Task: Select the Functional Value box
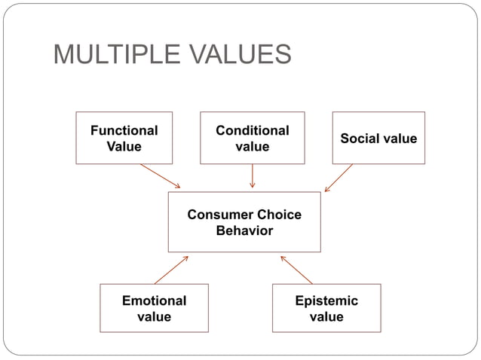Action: pyautogui.click(x=124, y=138)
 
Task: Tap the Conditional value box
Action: pyautogui.click(x=252, y=138)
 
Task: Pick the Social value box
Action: pyautogui.click(x=378, y=138)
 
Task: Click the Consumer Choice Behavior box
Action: pyautogui.click(x=244, y=222)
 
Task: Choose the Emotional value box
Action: pyautogui.click(x=154, y=308)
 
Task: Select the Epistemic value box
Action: pyautogui.click(x=326, y=308)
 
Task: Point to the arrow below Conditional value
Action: pyautogui.click(x=252, y=175)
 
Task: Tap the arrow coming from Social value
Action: pyautogui.click(x=339, y=178)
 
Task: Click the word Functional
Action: pyautogui.click(x=124, y=130)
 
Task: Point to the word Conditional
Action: pyautogui.click(x=252, y=130)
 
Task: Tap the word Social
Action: pyautogui.click(x=359, y=139)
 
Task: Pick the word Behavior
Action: pyautogui.click(x=244, y=230)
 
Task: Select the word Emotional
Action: pyautogui.click(x=154, y=301)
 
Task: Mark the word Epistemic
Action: pyautogui.click(x=326, y=301)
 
